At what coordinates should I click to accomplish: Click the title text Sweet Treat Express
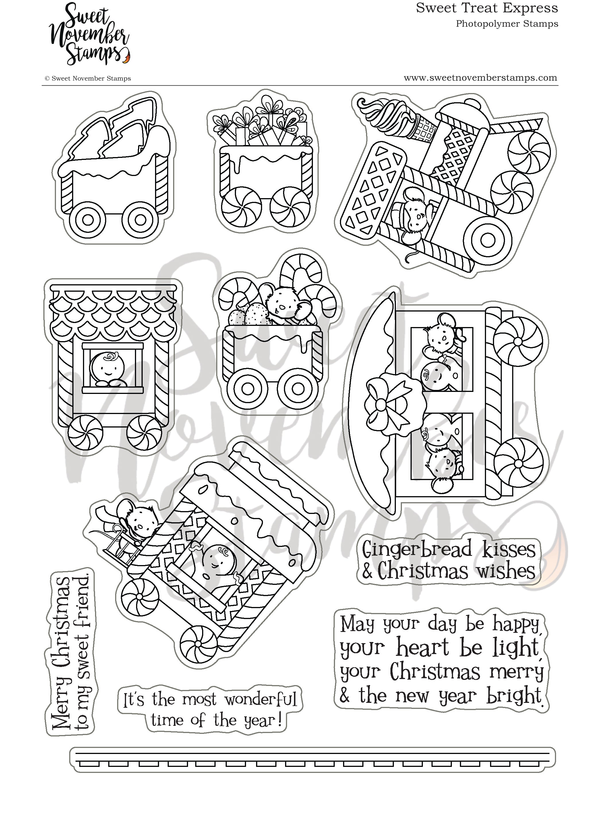tap(486, 8)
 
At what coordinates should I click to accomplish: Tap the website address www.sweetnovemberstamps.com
tap(480, 78)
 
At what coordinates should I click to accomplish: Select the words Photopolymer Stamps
tap(507, 24)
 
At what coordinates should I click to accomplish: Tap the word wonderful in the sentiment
tap(261, 699)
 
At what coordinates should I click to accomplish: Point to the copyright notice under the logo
tap(88, 78)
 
